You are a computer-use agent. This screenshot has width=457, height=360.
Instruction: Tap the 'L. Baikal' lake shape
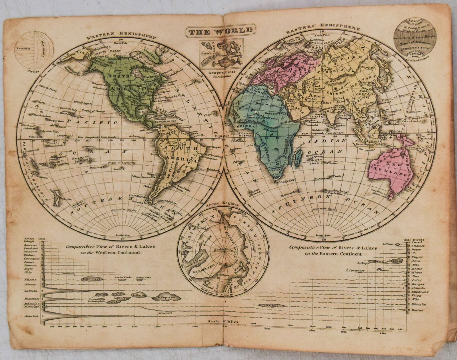(x=270, y=306)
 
